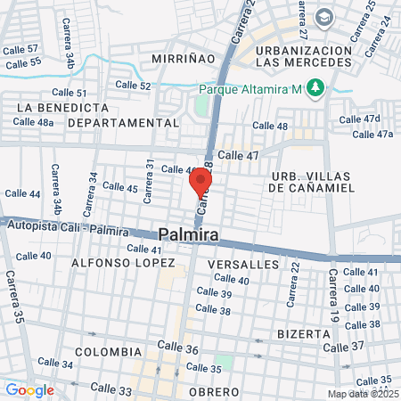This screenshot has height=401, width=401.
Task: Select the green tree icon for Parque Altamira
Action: point(314,87)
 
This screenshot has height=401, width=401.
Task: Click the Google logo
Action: point(29,389)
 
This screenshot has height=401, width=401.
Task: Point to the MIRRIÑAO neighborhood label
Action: point(184,57)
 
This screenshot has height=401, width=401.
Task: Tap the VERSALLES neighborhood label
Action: point(242,266)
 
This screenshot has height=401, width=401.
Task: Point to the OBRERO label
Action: point(213,392)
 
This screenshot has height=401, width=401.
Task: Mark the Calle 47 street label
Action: point(238,155)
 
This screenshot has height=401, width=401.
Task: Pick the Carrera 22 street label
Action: point(291,281)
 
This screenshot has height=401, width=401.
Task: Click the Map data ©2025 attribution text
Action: point(364,394)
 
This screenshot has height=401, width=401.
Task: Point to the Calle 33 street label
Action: point(110,389)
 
